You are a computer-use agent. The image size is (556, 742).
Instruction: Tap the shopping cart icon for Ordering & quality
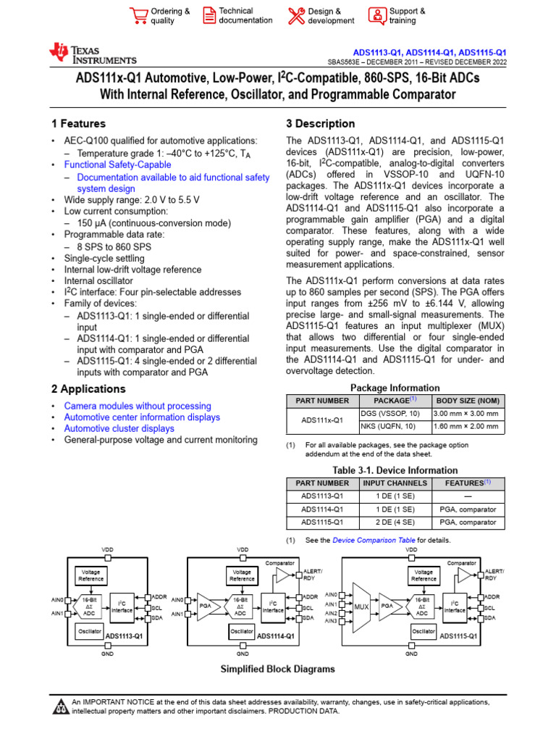(x=138, y=15)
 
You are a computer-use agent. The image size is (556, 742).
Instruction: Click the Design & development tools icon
(x=297, y=15)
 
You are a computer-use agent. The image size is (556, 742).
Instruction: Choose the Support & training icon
(x=378, y=15)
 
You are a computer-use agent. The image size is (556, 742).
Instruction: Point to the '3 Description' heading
(x=321, y=124)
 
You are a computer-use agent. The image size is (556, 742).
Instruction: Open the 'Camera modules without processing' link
(x=138, y=407)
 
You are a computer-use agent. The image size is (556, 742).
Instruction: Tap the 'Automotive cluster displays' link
(x=119, y=428)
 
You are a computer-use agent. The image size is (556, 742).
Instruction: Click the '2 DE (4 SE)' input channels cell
(x=395, y=522)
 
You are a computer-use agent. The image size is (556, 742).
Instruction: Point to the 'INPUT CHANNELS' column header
(x=395, y=483)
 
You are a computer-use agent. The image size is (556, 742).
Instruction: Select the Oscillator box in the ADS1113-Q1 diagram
(x=90, y=631)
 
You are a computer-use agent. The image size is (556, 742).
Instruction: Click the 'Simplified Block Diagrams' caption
(x=277, y=669)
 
